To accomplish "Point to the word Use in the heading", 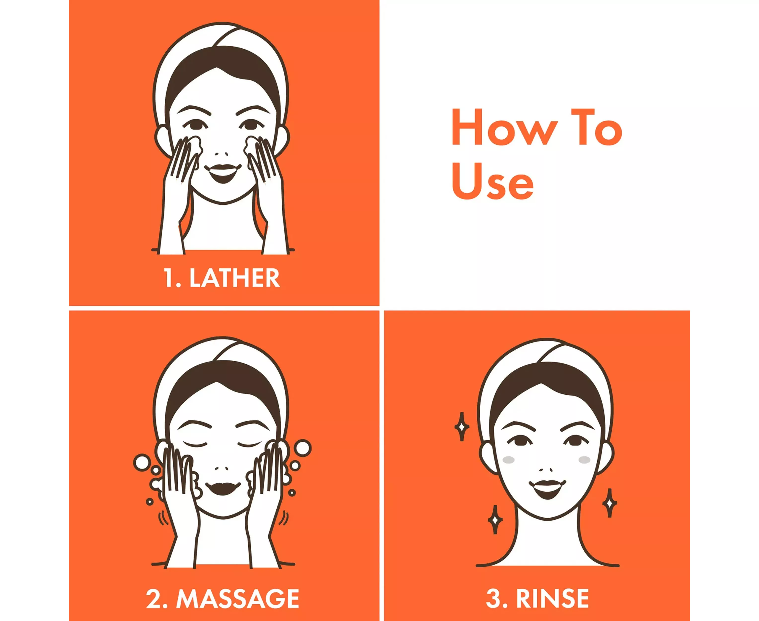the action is pyautogui.click(x=493, y=181).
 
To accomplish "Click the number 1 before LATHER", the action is pyautogui.click(x=168, y=278).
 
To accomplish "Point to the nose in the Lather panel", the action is pyautogui.click(x=221, y=154).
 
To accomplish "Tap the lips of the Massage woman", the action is pyautogui.click(x=223, y=488).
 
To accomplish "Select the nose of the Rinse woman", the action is pyautogui.click(x=546, y=469).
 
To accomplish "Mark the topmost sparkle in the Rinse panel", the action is pyautogui.click(x=462, y=427).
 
